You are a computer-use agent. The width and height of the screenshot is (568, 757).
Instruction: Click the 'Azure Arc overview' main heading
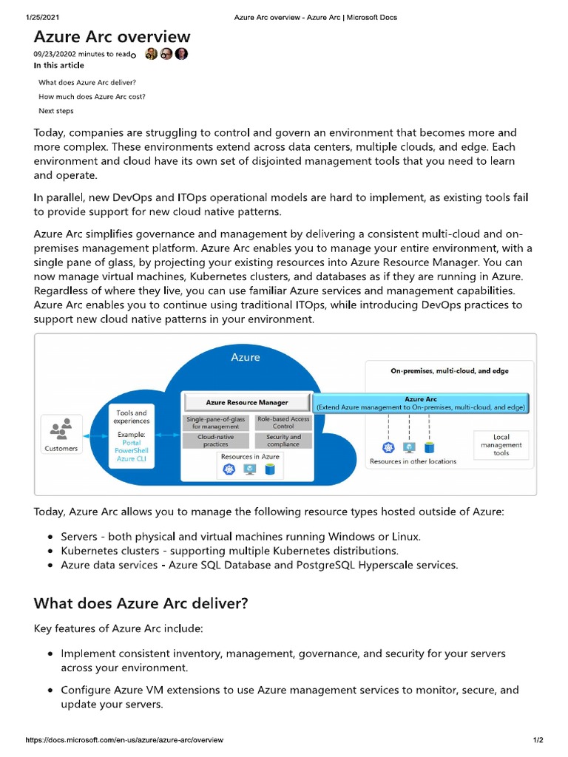pyautogui.click(x=112, y=37)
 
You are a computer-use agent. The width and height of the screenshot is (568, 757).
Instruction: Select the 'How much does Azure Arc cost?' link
pyautogui.click(x=92, y=96)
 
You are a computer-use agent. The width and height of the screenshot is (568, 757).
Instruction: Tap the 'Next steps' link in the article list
pyautogui.click(x=56, y=111)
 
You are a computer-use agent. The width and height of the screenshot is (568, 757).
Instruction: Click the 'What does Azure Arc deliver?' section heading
pyautogui.click(x=141, y=603)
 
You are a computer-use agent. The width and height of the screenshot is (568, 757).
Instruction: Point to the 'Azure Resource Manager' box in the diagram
pyautogui.click(x=247, y=403)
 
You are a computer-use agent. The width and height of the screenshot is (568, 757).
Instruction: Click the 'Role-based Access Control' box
pyautogui.click(x=283, y=422)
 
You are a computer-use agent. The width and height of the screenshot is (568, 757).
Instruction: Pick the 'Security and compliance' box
pyautogui.click(x=283, y=441)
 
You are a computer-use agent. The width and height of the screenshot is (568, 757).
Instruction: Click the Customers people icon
pyautogui.click(x=61, y=428)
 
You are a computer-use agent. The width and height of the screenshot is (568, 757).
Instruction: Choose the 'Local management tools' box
pyautogui.click(x=501, y=444)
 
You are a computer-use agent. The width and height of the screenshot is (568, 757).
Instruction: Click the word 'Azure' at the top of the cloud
pyautogui.click(x=246, y=357)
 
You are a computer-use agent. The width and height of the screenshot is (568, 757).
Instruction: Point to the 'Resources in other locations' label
pyautogui.click(x=413, y=461)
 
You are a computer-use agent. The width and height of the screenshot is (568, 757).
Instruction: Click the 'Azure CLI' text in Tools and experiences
pyautogui.click(x=130, y=459)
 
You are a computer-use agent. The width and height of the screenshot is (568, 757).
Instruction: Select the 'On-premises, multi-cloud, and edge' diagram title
pyautogui.click(x=449, y=370)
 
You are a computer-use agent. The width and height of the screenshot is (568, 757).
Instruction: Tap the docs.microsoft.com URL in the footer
pyautogui.click(x=125, y=740)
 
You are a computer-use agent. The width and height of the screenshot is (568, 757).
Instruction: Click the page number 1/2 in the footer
pyautogui.click(x=538, y=740)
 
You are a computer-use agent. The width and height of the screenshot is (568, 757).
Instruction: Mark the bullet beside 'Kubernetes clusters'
pyautogui.click(x=50, y=551)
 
